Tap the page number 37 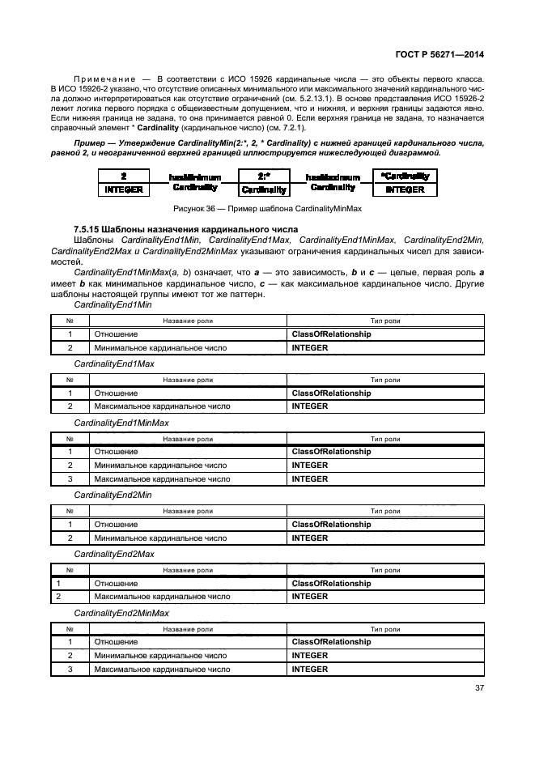[478, 690]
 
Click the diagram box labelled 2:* [263, 182]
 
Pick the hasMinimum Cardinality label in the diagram [194, 181]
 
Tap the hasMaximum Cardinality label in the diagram [332, 181]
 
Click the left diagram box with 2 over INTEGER [124, 182]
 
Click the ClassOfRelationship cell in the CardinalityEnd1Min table [331, 334]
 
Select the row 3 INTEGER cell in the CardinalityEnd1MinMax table [309, 478]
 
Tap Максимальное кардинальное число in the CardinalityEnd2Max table [162, 597]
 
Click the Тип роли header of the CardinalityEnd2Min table [385, 512]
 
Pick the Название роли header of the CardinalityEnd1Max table [188, 381]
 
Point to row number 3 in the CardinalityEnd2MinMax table [70, 670]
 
